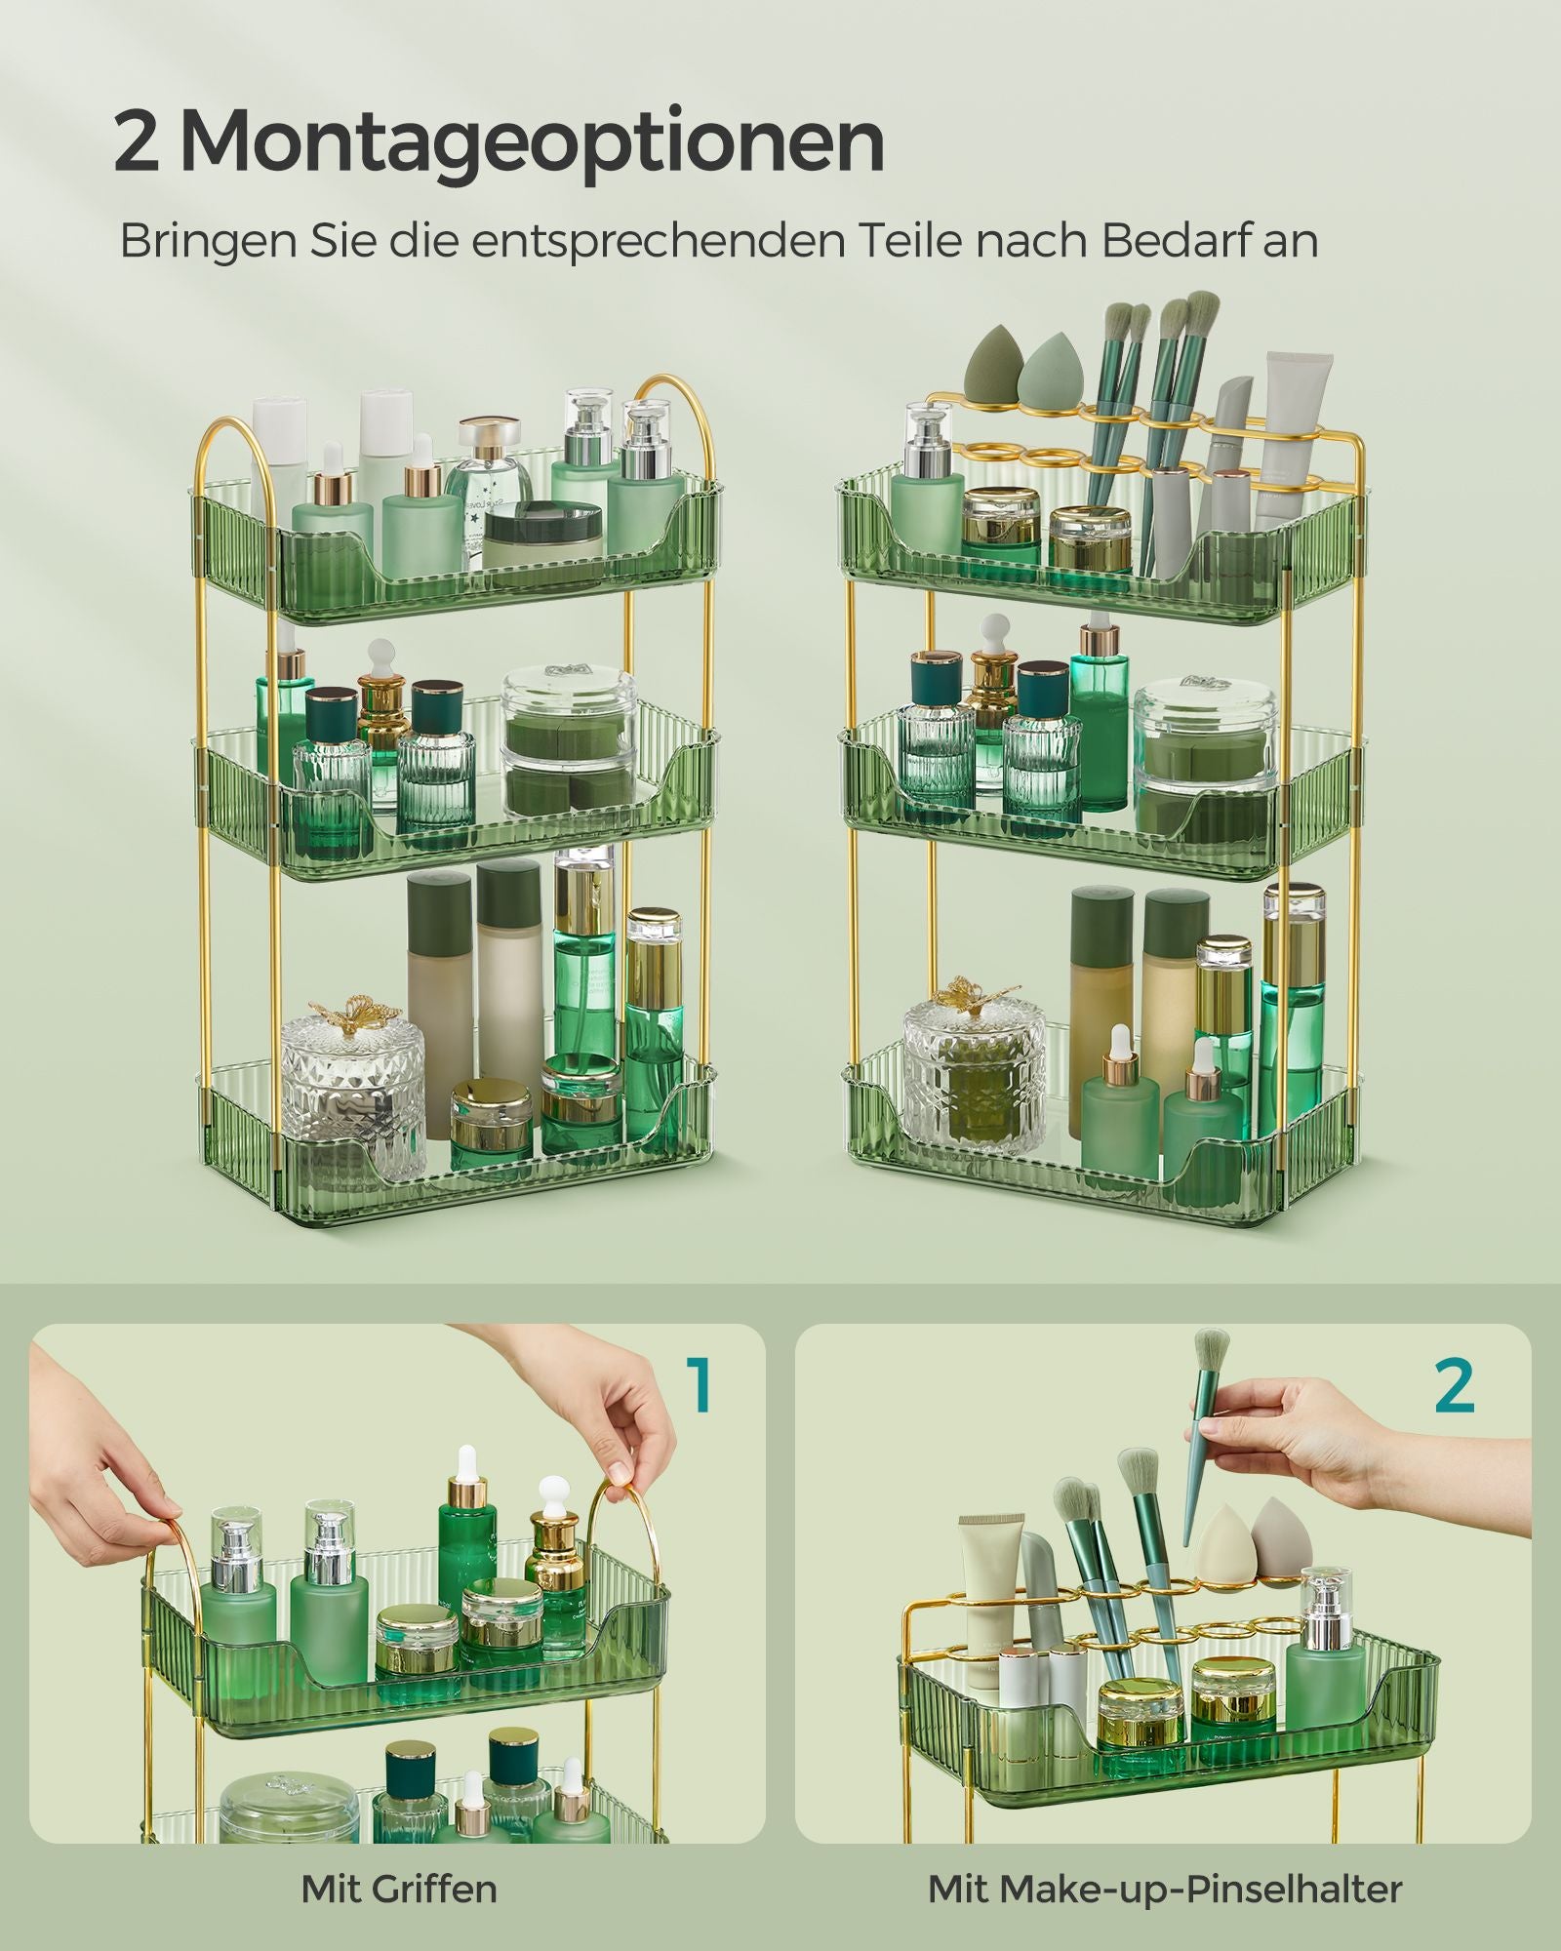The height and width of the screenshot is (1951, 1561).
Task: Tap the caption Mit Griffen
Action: [x=399, y=1889]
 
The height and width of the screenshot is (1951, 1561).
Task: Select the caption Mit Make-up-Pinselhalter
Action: [x=1165, y=1889]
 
